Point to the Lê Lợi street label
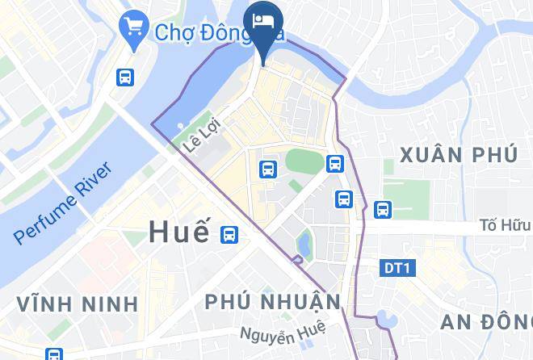pos(202,136)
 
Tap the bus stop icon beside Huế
pos(229,234)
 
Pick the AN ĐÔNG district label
pos(485,321)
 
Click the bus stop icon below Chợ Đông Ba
pos(125,77)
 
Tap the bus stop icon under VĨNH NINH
pos(54,354)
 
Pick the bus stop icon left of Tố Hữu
pos(383,209)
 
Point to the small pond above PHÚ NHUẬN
pos(304,241)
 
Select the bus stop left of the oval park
pos(268,169)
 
